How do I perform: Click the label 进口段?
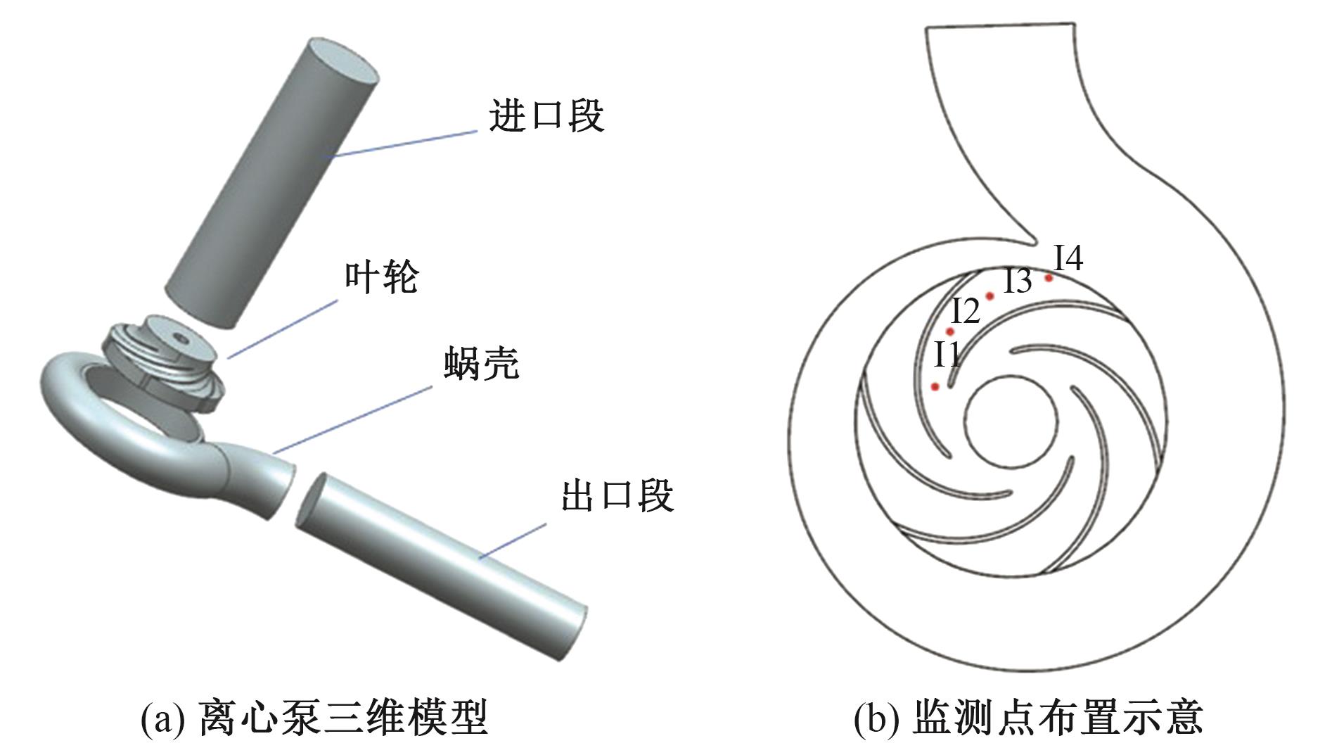[x=546, y=116]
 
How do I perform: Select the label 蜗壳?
[x=482, y=364]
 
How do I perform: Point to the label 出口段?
[x=617, y=495]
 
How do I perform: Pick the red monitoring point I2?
[x=950, y=331]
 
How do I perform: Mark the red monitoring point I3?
[x=990, y=296]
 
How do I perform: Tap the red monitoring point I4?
[x=1049, y=278]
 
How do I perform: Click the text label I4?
[x=1068, y=259]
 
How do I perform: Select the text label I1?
[x=947, y=355]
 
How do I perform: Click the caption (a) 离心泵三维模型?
[x=314, y=718]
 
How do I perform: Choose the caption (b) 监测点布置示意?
[x=1028, y=718]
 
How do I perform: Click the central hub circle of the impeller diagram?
[x=1011, y=421]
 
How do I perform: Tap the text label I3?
[x=1017, y=281]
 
